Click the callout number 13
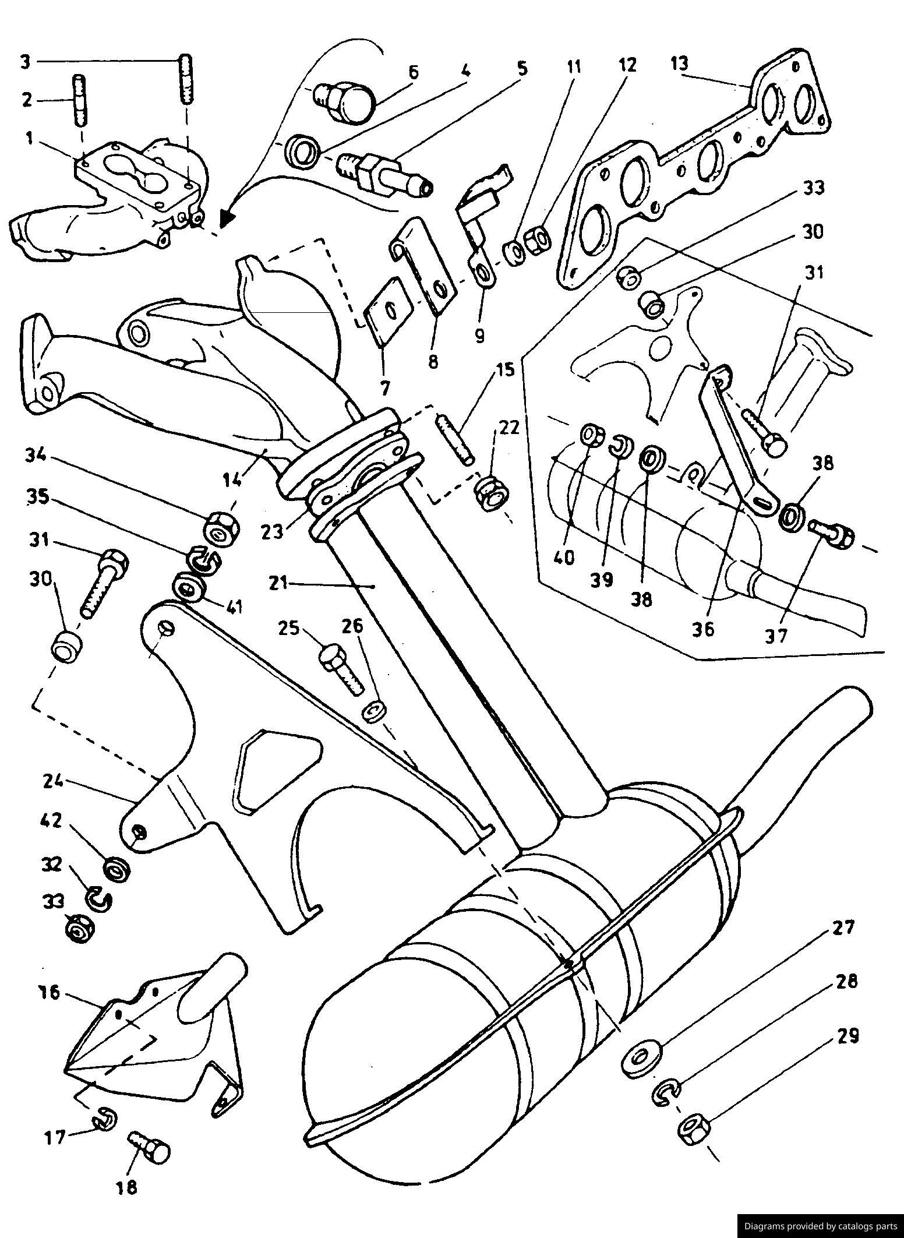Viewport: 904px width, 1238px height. click(x=679, y=63)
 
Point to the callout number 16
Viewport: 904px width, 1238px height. click(x=51, y=992)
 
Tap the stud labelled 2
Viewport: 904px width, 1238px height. click(x=80, y=100)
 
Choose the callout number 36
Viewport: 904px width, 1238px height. click(x=703, y=629)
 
